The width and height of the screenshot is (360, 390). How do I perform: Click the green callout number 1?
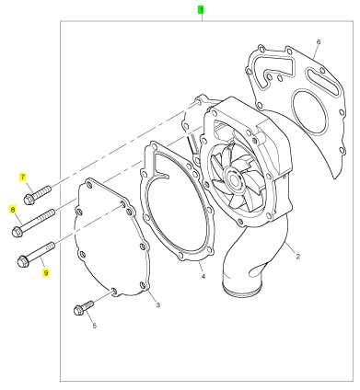tap(201, 10)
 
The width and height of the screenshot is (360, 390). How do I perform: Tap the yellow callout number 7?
tap(22, 178)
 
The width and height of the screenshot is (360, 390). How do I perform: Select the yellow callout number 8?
tap(13, 210)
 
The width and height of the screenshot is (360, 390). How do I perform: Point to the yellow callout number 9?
tap(46, 272)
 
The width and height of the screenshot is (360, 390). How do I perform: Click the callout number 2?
tap(297, 257)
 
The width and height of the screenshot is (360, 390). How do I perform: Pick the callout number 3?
tap(158, 305)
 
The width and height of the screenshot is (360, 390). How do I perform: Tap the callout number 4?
tap(203, 277)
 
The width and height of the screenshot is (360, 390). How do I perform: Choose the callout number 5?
tap(94, 326)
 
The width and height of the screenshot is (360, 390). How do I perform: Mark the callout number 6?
tap(319, 42)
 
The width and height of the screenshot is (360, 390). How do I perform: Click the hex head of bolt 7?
tap(29, 200)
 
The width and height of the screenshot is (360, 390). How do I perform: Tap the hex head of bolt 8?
tap(17, 232)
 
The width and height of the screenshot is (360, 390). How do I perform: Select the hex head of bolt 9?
tap(23, 262)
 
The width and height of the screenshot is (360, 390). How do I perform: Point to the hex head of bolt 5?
tap(78, 311)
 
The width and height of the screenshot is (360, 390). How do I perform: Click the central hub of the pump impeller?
tap(235, 178)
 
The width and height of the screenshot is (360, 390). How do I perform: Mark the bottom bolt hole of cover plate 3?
tap(113, 291)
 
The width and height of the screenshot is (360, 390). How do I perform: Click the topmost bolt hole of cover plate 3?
tap(89, 185)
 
